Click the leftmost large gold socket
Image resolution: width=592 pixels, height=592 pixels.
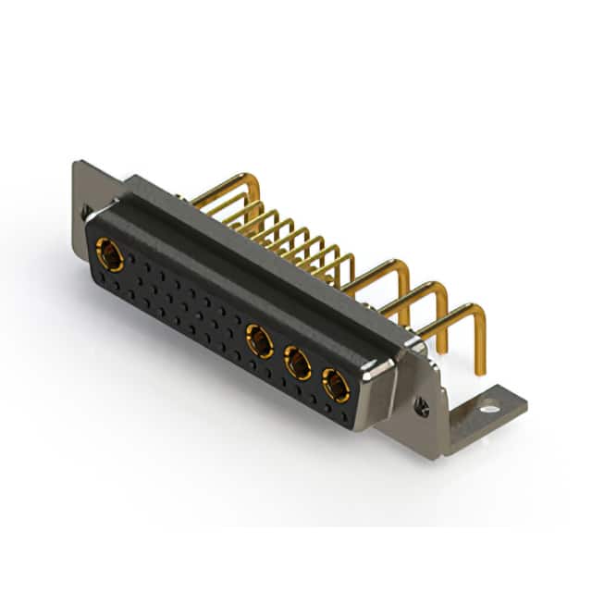tap(110, 254)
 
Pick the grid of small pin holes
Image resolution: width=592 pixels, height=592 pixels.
tap(185, 305)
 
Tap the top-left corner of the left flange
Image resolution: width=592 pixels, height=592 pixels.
tap(76, 165)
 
